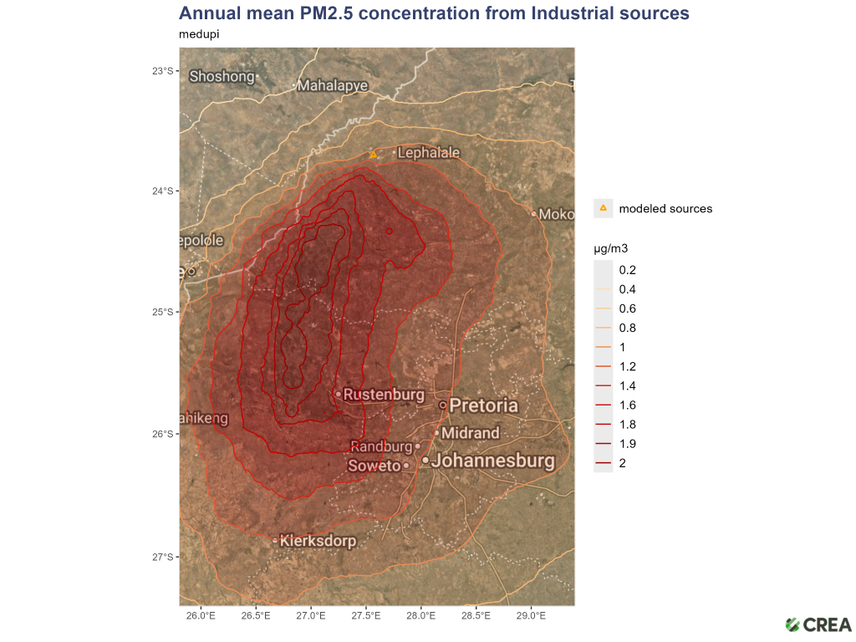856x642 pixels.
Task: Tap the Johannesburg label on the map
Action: [x=493, y=461]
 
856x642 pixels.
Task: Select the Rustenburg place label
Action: [x=384, y=394]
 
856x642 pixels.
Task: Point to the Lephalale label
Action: [x=428, y=153]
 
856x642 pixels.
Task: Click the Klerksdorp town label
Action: [x=318, y=541]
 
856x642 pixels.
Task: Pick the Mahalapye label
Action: [x=332, y=85]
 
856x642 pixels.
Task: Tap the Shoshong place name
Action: [x=222, y=76]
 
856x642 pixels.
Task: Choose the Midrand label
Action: [x=470, y=433]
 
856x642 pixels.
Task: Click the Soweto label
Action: [x=374, y=466]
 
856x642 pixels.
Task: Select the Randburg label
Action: [x=381, y=446]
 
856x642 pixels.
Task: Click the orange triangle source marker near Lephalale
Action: [x=374, y=155]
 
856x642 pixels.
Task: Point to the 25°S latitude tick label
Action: [x=162, y=312]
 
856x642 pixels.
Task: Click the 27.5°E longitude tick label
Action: [x=366, y=616]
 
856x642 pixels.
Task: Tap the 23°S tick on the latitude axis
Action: [x=162, y=71]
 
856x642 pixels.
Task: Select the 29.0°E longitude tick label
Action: [x=531, y=616]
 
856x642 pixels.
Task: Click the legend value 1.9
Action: [x=627, y=444]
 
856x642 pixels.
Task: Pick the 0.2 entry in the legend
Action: [x=627, y=270]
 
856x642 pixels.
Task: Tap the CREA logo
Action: [x=819, y=624]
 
